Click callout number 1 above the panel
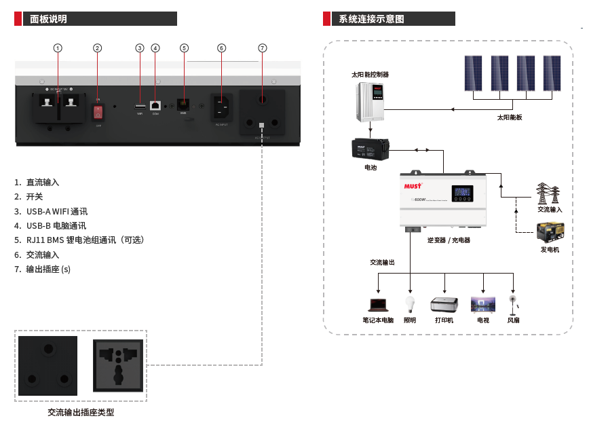[x=58, y=48]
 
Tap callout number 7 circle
[x=263, y=48]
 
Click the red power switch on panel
[x=98, y=112]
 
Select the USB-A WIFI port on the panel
[x=140, y=107]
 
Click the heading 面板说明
[x=48, y=19]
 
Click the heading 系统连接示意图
[x=371, y=19]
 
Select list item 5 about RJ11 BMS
[x=85, y=240]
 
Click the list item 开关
[x=35, y=197]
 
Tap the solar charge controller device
[x=370, y=100]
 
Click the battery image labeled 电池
[x=369, y=149]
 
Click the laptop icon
[x=377, y=304]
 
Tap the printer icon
[x=444, y=303]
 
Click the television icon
[x=483, y=303]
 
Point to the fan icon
[x=513, y=303]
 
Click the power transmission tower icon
[x=548, y=193]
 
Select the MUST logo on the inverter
[x=414, y=184]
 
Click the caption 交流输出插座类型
[x=81, y=413]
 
